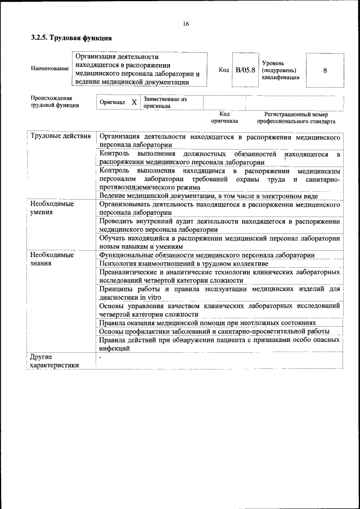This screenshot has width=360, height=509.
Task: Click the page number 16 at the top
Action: (186, 24)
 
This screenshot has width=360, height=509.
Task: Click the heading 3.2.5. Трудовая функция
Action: (71, 39)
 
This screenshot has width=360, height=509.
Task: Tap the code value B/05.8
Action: (245, 70)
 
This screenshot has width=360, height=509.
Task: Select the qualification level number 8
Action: (325, 70)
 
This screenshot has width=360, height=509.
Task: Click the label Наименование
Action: (49, 69)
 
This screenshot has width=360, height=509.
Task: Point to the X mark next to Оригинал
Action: (133, 102)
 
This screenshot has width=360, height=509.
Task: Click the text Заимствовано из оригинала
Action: (165, 102)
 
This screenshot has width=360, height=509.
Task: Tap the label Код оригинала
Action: (224, 117)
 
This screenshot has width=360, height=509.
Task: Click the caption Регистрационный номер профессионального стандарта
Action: (296, 117)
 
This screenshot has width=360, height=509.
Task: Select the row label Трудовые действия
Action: (60, 137)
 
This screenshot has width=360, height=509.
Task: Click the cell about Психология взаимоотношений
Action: (183, 263)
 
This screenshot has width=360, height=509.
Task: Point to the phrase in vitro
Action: (151, 297)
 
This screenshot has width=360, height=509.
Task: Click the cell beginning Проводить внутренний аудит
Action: (219, 225)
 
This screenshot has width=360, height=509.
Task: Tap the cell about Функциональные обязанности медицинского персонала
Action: (206, 255)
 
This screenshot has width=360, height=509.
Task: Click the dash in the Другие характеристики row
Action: (100, 357)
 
